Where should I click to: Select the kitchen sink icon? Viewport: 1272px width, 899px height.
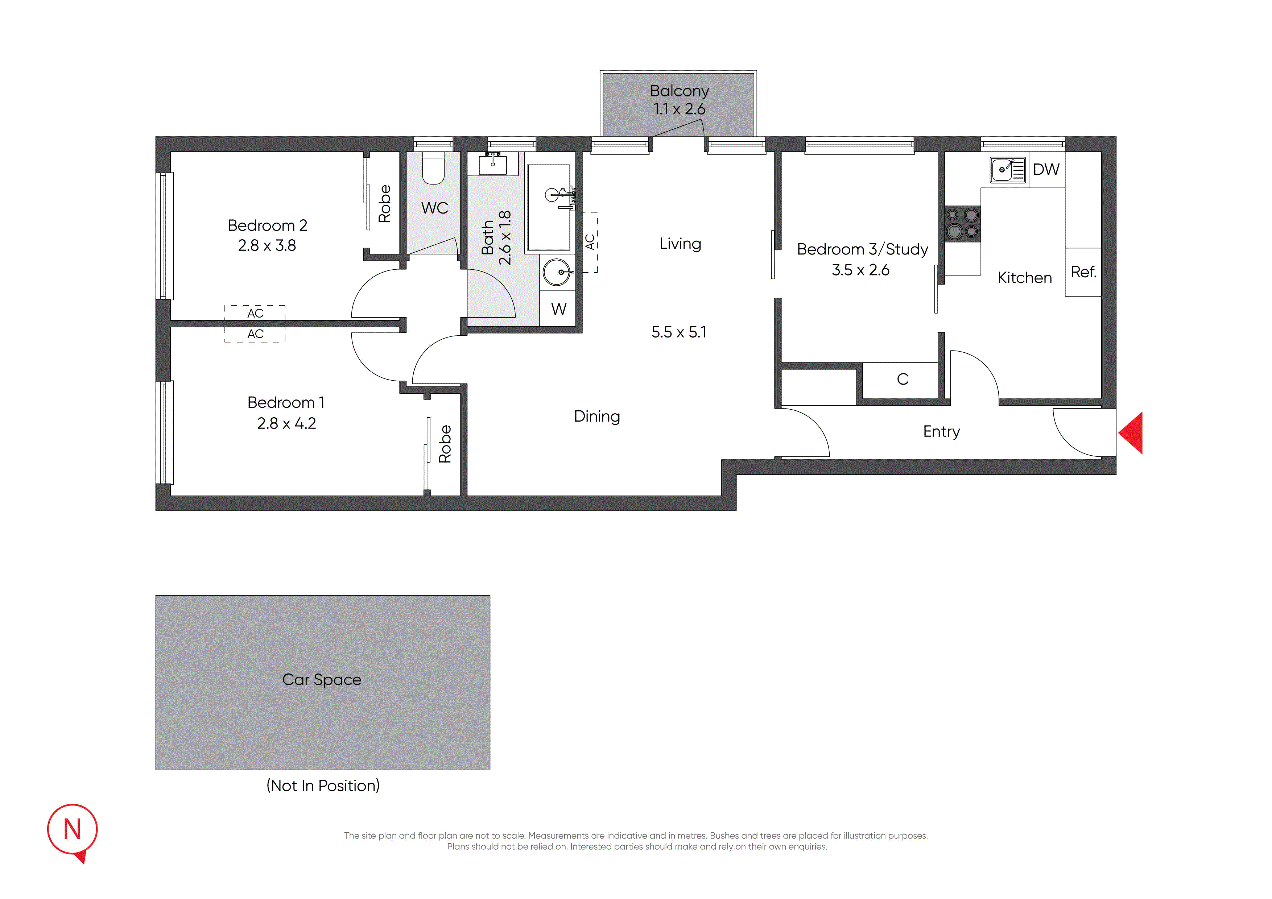click(x=1008, y=170)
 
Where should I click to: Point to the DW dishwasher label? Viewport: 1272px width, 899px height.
click(x=1046, y=170)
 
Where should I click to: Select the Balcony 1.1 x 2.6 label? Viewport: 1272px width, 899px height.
click(x=679, y=100)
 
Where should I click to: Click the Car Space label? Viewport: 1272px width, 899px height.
click(x=322, y=680)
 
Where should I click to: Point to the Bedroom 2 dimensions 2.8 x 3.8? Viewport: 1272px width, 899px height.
click(x=267, y=245)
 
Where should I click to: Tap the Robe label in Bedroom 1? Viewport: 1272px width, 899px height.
click(x=445, y=444)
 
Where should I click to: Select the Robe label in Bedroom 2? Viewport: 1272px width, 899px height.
click(x=384, y=204)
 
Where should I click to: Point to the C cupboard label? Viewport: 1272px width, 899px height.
click(x=903, y=380)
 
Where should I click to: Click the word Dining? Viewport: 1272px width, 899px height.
click(x=597, y=417)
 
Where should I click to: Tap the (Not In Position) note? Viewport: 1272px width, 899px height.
click(x=323, y=786)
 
